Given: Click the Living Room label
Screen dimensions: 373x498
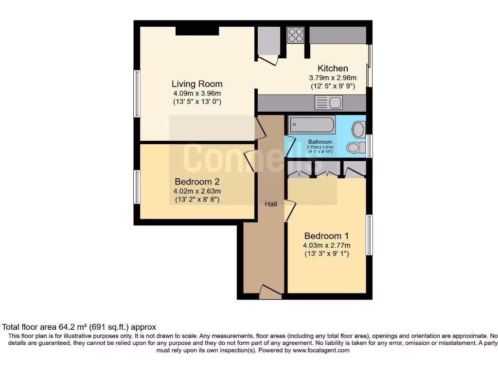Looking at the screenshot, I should point(197,84).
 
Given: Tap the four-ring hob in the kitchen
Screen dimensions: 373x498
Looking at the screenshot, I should point(295,35).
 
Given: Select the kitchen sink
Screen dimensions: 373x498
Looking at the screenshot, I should point(329,102).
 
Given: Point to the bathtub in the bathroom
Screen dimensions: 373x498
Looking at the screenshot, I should point(312,125).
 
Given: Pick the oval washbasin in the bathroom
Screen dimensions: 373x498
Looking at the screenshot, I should point(358,130).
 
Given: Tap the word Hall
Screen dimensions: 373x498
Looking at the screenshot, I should point(271,204).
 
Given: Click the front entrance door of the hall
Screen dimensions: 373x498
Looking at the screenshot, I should point(270,292).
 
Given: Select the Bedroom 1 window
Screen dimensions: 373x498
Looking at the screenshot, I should point(369,235).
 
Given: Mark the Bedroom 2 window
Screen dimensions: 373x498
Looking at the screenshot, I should point(137,187).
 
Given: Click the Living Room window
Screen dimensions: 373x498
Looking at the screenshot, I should point(137,94).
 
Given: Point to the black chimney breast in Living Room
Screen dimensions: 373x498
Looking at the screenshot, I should point(197,31).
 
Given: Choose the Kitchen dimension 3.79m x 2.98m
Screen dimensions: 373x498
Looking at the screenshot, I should point(333,78).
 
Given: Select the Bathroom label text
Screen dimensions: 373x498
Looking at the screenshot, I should point(320,142).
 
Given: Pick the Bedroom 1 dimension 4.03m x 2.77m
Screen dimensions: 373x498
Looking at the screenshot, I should point(326,245).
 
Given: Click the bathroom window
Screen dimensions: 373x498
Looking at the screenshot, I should point(369,146).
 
